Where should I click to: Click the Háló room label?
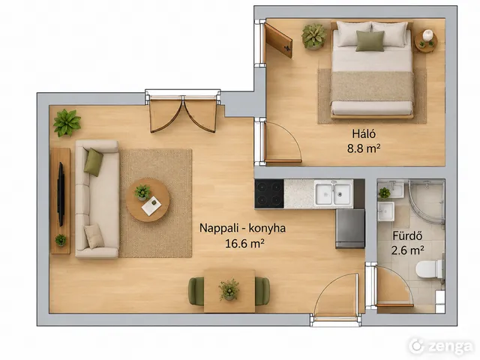(x=364, y=133)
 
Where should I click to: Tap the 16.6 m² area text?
(x=244, y=244)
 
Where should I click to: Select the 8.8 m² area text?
(x=364, y=148)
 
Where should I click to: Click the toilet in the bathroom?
(x=429, y=269)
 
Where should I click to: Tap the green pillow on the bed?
(x=370, y=41)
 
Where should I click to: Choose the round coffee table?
(x=148, y=200)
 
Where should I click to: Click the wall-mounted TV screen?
(x=61, y=194)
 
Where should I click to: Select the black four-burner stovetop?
(x=269, y=193)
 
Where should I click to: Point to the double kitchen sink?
(x=334, y=193)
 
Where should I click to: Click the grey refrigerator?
(x=350, y=229)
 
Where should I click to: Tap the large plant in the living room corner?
(x=67, y=123)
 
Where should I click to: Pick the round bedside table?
(x=426, y=41)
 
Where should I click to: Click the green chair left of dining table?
(x=196, y=291)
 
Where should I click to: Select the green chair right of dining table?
(x=262, y=291)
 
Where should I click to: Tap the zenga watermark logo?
(x=440, y=346)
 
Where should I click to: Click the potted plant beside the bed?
(x=314, y=37)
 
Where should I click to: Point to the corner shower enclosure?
(x=426, y=200)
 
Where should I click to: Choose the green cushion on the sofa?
(x=93, y=162)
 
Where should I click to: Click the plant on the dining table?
(x=229, y=289)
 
